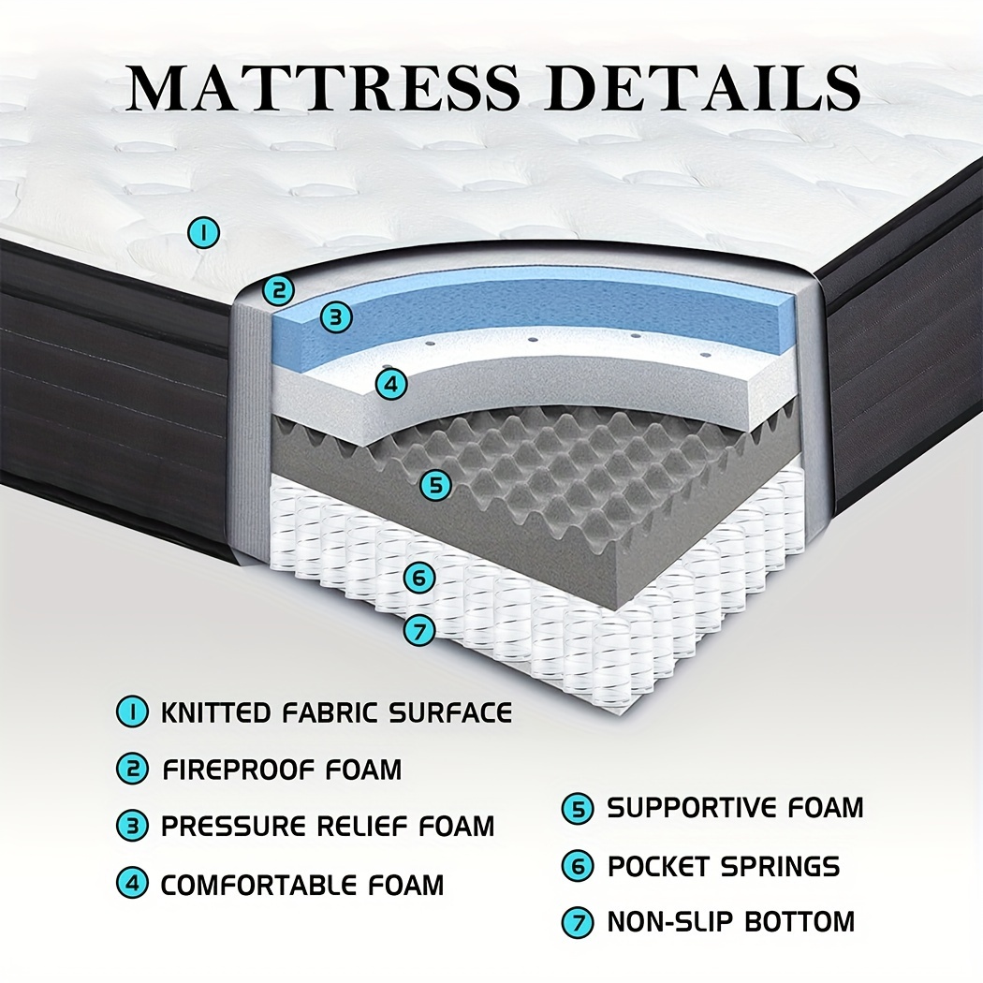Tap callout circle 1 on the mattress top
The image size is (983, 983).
pos(204,232)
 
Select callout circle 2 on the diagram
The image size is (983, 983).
pos(278,290)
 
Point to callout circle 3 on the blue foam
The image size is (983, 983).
pos(336,316)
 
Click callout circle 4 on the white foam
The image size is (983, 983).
pos(391,384)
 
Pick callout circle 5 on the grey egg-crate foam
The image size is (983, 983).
pos(435,485)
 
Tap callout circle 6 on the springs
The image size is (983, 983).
pos(419,578)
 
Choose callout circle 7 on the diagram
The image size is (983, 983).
pos(419,630)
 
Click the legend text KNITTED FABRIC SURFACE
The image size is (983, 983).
pos(337,712)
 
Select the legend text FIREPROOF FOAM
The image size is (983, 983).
pos(282,770)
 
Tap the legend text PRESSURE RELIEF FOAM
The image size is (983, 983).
pos(328,826)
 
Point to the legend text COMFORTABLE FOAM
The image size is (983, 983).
pos(302,885)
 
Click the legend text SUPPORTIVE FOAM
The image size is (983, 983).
pos(735,807)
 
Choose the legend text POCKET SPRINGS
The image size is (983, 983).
pos(724,866)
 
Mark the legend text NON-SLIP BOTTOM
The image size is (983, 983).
pos(731,921)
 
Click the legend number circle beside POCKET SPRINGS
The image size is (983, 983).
pos(578,866)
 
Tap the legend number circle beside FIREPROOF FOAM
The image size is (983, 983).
pos(132,770)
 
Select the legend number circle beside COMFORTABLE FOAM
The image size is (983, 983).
pos(132,884)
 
